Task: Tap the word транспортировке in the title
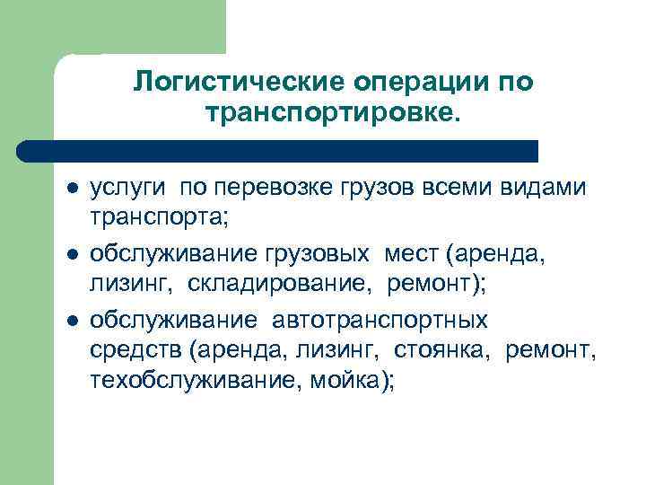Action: pyautogui.click(x=328, y=115)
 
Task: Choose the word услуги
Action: pyautogui.click(x=129, y=189)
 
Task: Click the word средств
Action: pyautogui.click(x=131, y=349)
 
